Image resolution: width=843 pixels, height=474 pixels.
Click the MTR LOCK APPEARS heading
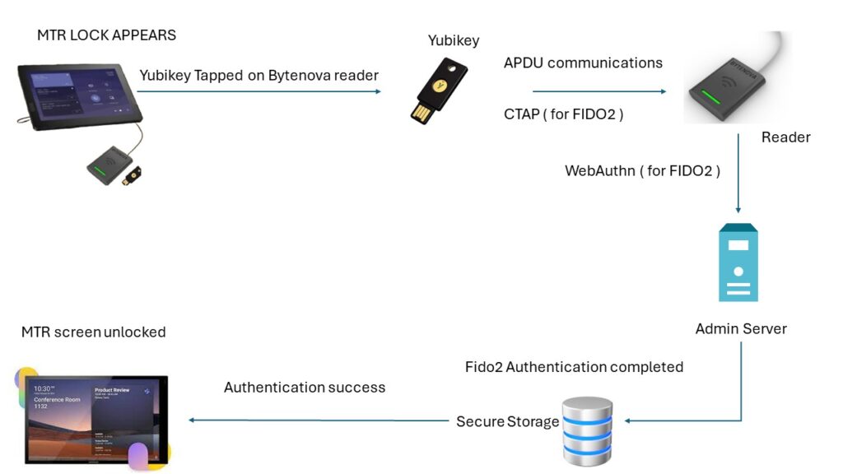tap(106, 35)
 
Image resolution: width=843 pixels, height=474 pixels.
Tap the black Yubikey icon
tap(433, 91)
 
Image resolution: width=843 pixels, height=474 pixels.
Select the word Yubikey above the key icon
tap(453, 40)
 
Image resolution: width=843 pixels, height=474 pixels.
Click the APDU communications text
tap(583, 63)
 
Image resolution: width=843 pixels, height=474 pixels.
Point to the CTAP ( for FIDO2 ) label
tap(563, 114)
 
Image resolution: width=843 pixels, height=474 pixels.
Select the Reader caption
tap(785, 137)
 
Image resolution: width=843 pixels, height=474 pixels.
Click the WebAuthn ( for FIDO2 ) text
tap(642, 171)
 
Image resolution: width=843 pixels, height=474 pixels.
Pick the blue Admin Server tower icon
tap(738, 263)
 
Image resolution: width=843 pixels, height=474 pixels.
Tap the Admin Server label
tap(741, 328)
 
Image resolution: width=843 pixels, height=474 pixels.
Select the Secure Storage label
tap(507, 421)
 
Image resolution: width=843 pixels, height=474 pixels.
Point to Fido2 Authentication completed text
tap(574, 366)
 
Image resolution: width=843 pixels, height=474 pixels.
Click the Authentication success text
tap(305, 387)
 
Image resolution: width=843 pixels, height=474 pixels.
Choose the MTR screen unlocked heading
tap(94, 332)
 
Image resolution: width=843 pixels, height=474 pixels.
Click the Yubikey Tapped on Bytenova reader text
tap(258, 76)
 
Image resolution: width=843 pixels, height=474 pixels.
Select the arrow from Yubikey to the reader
tap(598, 91)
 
